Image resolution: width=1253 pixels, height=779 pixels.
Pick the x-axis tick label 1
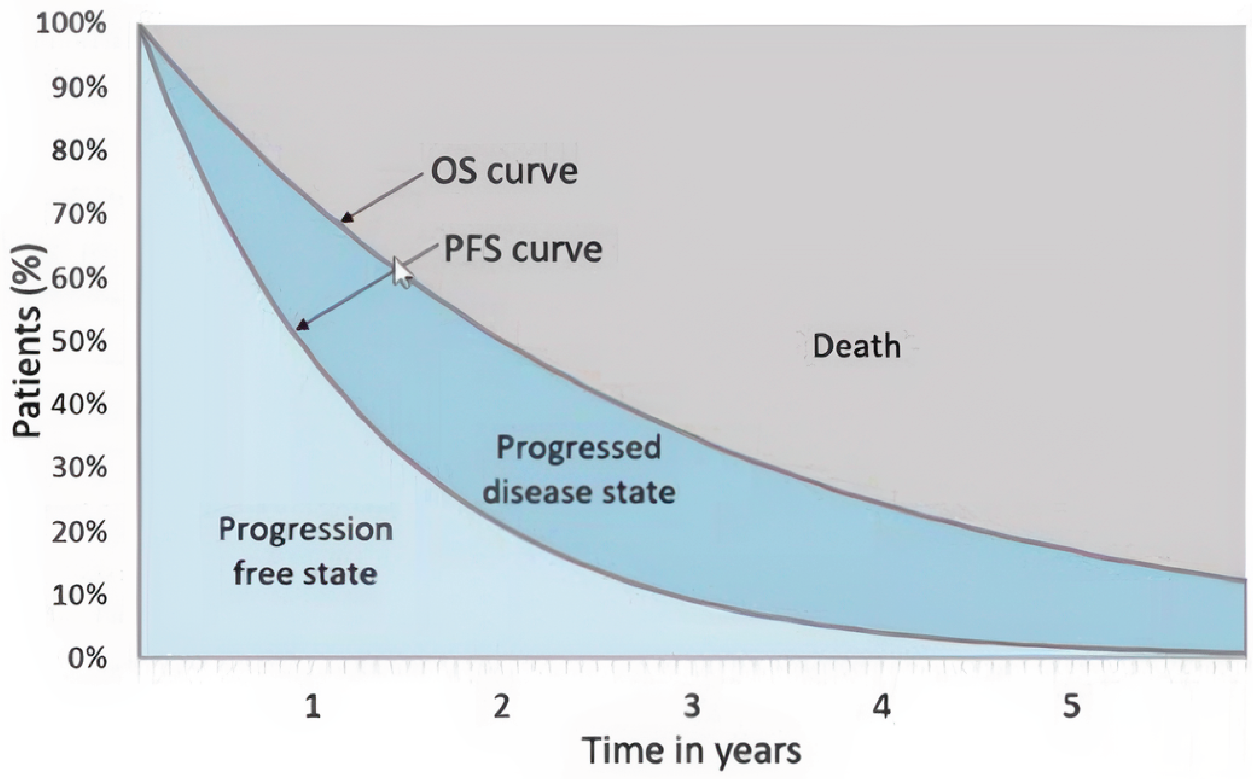[x=312, y=706]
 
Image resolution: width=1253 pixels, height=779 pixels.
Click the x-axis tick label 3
[x=692, y=706]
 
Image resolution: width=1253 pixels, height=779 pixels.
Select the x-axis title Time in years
[x=692, y=751]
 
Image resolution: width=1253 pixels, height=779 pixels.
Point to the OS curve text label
[x=504, y=172]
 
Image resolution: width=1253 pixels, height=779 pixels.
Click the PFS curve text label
[x=523, y=250]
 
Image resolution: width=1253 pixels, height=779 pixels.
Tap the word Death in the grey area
[x=856, y=346]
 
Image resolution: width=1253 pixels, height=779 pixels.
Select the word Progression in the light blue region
[x=306, y=530]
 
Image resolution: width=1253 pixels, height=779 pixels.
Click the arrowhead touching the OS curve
[x=347, y=217]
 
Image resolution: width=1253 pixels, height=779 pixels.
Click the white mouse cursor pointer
[x=402, y=272]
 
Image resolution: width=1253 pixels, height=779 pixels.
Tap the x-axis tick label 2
[x=502, y=706]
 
